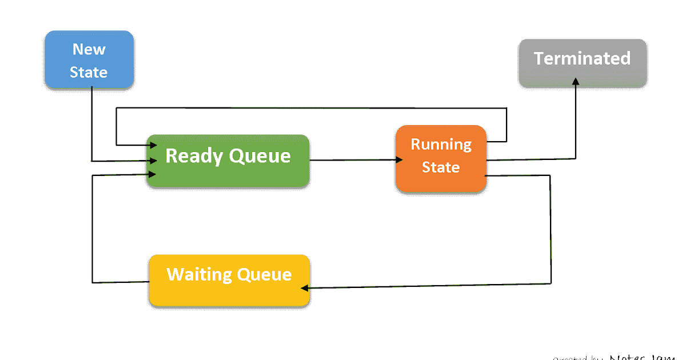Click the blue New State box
[x=89, y=60]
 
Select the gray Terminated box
[x=583, y=63]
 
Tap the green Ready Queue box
[x=228, y=161]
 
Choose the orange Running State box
[x=441, y=158]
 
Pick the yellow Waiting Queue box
[x=229, y=280]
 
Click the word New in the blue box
[x=89, y=50]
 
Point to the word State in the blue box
[x=89, y=73]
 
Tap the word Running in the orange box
[x=441, y=145]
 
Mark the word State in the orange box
[x=441, y=167]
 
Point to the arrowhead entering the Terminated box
[x=576, y=83]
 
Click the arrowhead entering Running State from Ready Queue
[x=398, y=161]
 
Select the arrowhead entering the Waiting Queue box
[x=305, y=287]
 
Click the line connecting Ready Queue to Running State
[x=352, y=161]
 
